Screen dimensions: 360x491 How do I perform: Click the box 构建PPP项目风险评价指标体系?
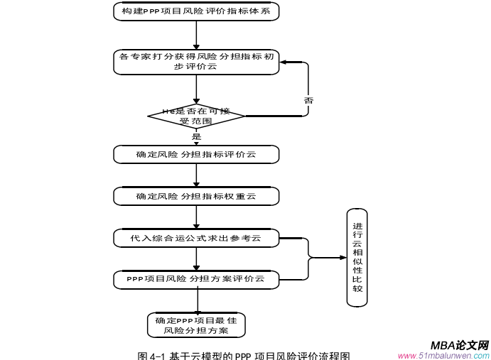click(196, 11)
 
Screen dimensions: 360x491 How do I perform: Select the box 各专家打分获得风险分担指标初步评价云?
click(196, 61)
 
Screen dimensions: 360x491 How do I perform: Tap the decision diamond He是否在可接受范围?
click(196, 115)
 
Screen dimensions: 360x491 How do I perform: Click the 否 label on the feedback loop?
click(308, 101)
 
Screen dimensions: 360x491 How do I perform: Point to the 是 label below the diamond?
click(197, 136)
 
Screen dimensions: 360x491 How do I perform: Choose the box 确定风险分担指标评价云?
click(196, 154)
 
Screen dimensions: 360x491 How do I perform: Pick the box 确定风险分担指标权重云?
click(196, 196)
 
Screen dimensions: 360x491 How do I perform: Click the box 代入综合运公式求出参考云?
click(196, 238)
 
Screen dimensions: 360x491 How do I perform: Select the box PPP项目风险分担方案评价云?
click(196, 280)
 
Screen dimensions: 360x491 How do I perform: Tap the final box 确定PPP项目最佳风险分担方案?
click(196, 325)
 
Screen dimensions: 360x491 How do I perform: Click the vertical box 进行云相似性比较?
click(357, 258)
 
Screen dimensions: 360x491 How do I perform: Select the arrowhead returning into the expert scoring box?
click(284, 62)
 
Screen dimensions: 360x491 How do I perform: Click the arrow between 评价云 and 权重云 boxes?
click(196, 175)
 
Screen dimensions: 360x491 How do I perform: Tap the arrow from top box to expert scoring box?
click(196, 36)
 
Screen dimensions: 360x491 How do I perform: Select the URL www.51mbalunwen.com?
click(443, 356)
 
